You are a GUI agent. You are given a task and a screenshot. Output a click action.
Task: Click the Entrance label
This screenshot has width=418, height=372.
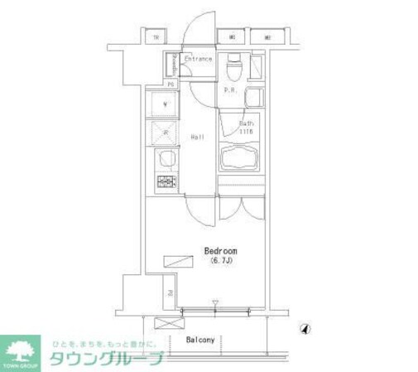tap(198, 60)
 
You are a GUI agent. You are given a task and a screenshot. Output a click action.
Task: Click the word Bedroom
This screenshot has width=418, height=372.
tap(221, 250)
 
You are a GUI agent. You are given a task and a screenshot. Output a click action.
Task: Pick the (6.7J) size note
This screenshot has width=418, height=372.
tap(221, 261)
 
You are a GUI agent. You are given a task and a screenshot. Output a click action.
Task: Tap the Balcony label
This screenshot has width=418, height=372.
tap(200, 340)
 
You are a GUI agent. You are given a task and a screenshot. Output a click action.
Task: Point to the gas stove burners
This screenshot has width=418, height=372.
tap(164, 182)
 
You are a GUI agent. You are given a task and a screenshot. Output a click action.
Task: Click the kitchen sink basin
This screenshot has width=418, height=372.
tap(164, 157)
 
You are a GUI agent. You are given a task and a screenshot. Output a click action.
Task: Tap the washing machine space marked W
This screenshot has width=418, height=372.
tap(164, 104)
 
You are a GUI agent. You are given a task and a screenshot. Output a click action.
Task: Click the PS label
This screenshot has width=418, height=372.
tap(171, 85)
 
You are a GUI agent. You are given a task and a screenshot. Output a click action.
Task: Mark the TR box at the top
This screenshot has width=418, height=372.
tap(154, 36)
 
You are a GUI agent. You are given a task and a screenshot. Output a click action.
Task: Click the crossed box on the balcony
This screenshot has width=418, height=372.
tap(168, 325)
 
